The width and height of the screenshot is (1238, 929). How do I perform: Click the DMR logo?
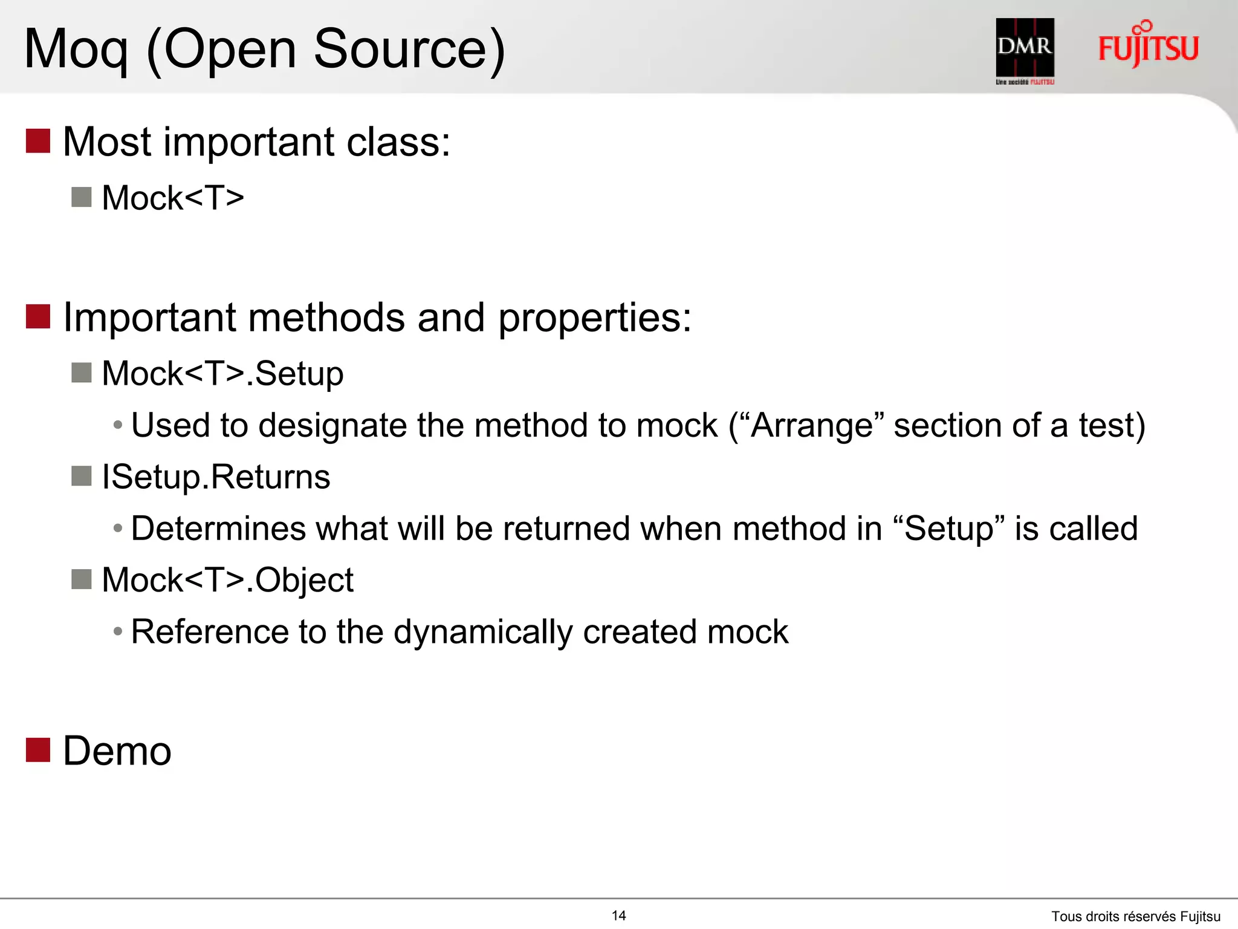(x=1025, y=50)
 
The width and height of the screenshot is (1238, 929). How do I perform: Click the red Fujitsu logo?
(x=1148, y=45)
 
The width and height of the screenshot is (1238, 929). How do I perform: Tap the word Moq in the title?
(x=76, y=50)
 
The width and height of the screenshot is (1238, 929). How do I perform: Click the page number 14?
(x=618, y=916)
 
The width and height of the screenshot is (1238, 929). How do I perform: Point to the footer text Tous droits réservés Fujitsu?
(x=1135, y=916)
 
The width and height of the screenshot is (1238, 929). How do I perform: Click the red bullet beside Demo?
(x=37, y=750)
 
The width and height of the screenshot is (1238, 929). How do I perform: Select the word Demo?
(x=117, y=751)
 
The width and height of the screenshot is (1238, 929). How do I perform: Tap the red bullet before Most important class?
(x=37, y=141)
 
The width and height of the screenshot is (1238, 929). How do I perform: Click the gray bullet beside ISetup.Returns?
(x=81, y=476)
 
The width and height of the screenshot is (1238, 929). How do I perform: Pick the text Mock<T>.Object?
(x=227, y=580)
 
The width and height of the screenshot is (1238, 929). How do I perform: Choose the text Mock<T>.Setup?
(x=222, y=373)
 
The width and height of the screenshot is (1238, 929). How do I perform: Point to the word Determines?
(x=218, y=529)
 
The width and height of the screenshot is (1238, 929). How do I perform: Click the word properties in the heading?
(x=594, y=318)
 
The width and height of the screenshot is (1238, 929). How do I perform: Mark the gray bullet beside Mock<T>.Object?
(x=81, y=579)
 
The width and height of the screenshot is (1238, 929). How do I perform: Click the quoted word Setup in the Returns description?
(x=948, y=529)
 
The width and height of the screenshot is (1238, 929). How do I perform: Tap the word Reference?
(x=210, y=632)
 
